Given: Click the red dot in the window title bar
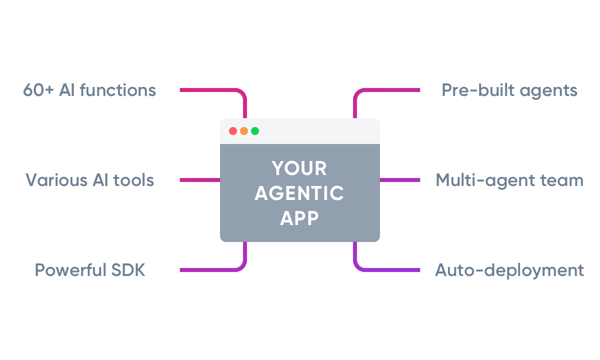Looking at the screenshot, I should [x=233, y=131].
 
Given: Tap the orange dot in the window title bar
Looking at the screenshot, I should [x=244, y=131].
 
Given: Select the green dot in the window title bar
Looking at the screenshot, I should [x=255, y=131].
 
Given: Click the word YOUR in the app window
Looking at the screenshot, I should [x=299, y=168].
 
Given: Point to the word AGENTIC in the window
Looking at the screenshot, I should [x=299, y=193].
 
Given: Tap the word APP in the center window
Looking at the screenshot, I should [x=299, y=218].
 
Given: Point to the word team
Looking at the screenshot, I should [x=564, y=180].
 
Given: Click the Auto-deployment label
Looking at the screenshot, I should [x=509, y=270].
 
